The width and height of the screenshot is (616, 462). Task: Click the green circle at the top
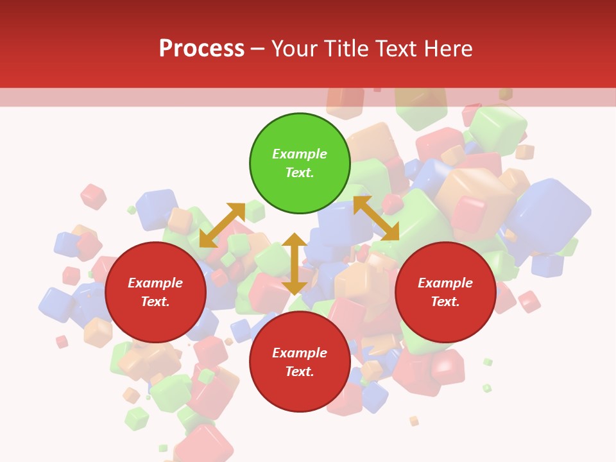pos(300,164)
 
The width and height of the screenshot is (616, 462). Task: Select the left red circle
pos(155,292)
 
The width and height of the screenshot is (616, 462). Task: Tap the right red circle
pos(445,292)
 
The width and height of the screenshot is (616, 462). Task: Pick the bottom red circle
pos(300,362)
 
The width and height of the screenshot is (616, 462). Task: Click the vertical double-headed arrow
pos(295,264)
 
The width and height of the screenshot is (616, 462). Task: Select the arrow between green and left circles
pos(222,225)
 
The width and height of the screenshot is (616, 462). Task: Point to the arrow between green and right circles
pos(376,218)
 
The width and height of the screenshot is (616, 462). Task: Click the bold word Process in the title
pos(201,48)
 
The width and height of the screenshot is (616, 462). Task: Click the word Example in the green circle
pos(300,154)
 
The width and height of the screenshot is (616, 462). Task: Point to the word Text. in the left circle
pos(155,302)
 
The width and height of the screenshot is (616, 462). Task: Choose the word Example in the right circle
pos(445,283)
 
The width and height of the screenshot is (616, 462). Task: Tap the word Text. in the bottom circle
pos(300,372)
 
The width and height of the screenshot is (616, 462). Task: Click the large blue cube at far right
pos(551,216)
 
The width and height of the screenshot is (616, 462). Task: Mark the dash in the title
pos(258,49)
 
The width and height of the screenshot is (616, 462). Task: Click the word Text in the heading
pos(393,48)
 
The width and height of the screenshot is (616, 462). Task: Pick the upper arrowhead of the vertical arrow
pos(295,240)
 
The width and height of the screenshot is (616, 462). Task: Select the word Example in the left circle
pos(155,283)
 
